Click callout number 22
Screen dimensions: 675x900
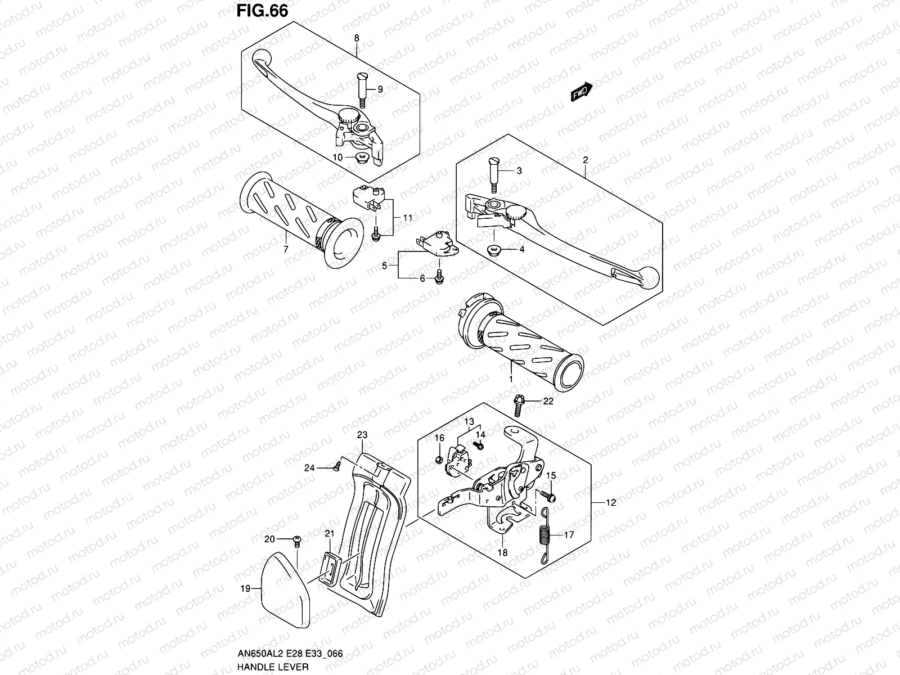[x=548, y=401]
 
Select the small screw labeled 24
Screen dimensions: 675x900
[x=338, y=465]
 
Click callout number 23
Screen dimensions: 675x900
[x=362, y=435]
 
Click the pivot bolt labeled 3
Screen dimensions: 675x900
[x=494, y=175]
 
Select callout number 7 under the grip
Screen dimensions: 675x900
[x=285, y=248]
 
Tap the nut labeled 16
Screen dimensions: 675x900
[x=439, y=461]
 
